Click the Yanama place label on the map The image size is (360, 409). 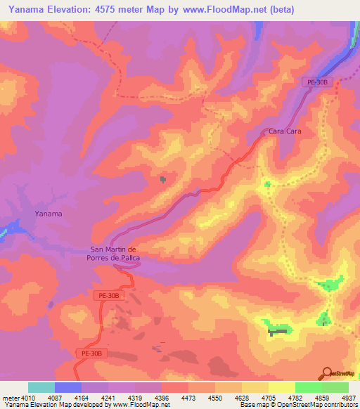click(x=49, y=213)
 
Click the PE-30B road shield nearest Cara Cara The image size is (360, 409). click(x=317, y=82)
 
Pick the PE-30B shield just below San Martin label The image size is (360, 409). click(x=108, y=297)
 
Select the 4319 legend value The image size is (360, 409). click(x=136, y=398)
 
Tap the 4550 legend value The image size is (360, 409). click(x=217, y=398)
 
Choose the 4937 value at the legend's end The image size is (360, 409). click(x=349, y=398)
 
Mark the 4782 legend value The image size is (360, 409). click(x=296, y=398)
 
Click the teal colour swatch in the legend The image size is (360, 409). click(x=41, y=387)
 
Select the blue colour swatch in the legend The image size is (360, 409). click(x=68, y=387)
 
